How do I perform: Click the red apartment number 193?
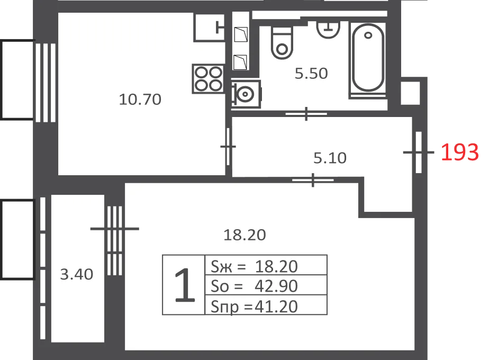(460, 152)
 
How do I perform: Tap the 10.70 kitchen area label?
(140, 100)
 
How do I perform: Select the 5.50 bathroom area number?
(311, 74)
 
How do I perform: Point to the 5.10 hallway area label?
(330, 158)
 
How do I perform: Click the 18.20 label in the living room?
(245, 235)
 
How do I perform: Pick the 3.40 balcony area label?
(77, 275)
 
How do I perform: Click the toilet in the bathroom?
(282, 43)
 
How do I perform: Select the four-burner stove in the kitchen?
(209, 78)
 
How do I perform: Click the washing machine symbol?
(246, 94)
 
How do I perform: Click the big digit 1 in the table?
(185, 285)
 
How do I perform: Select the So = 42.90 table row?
(266, 285)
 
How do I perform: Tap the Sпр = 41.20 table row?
(266, 305)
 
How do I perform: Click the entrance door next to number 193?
(419, 152)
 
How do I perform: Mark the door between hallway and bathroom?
(306, 114)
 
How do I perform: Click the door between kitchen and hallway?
(228, 146)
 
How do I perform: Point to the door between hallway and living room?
(313, 180)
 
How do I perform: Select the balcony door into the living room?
(115, 240)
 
